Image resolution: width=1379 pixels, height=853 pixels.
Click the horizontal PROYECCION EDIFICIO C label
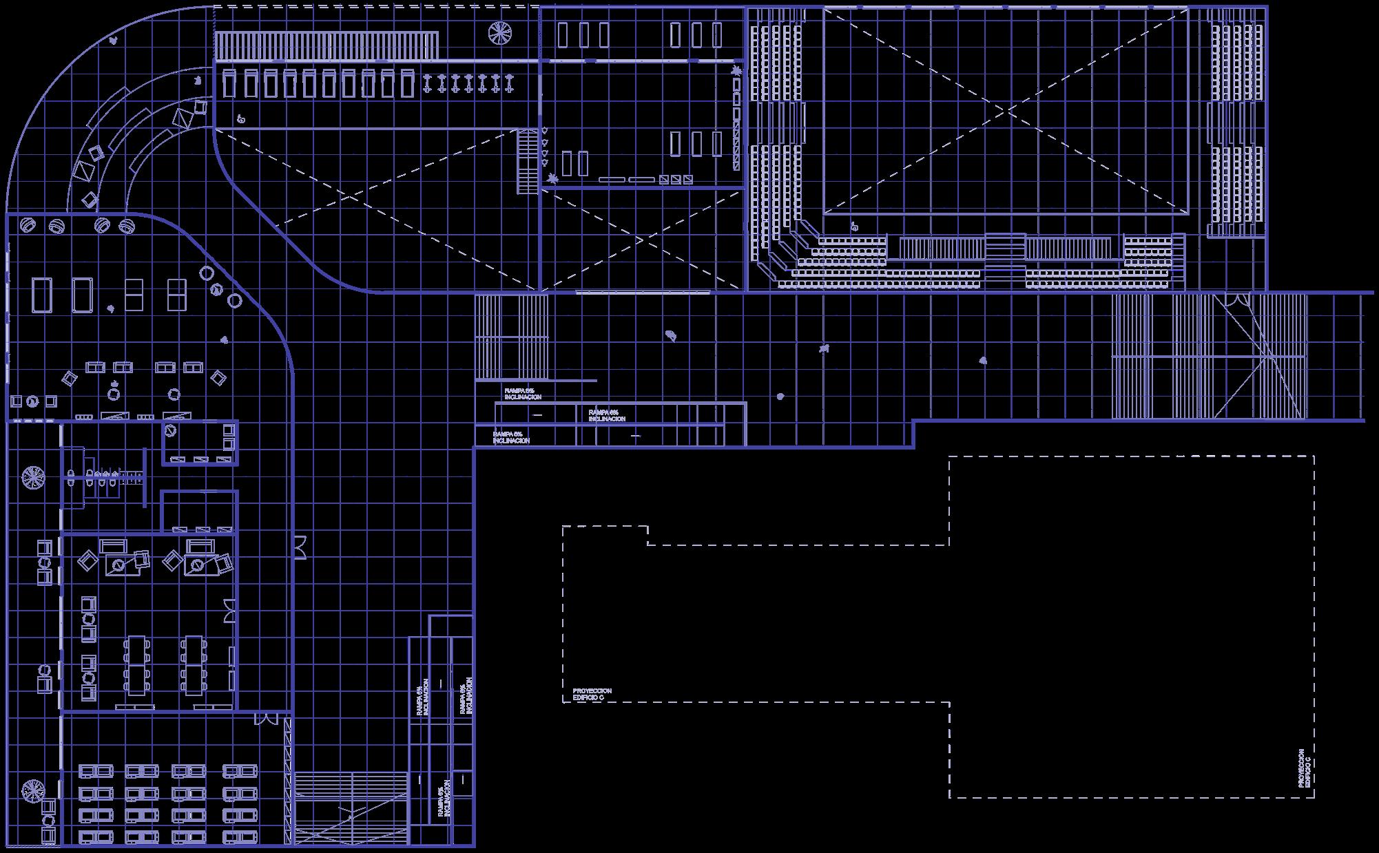pyautogui.click(x=592, y=694)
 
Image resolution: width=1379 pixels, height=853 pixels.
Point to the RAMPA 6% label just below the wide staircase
pyautogui.click(x=523, y=394)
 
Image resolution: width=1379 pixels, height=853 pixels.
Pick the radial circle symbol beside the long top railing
pyautogui.click(x=500, y=32)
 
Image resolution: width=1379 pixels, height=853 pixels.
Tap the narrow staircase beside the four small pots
pyautogui.click(x=527, y=161)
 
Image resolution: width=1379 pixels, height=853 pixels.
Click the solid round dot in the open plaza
pyautogui.click(x=780, y=397)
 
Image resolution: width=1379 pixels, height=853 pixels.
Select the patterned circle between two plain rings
pyautogui.click(x=218, y=288)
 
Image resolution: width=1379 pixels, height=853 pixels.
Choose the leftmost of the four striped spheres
pyautogui.click(x=29, y=225)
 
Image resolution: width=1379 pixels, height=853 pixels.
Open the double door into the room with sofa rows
pyautogui.click(x=265, y=719)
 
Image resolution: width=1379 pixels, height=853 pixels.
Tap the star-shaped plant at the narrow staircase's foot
pyautogui.click(x=552, y=180)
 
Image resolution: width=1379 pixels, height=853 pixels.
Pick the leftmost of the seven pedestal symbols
pyautogui.click(x=428, y=83)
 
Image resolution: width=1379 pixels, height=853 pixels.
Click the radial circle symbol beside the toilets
pyautogui.click(x=32, y=476)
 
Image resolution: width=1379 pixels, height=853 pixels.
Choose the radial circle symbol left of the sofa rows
pyautogui.click(x=32, y=790)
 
